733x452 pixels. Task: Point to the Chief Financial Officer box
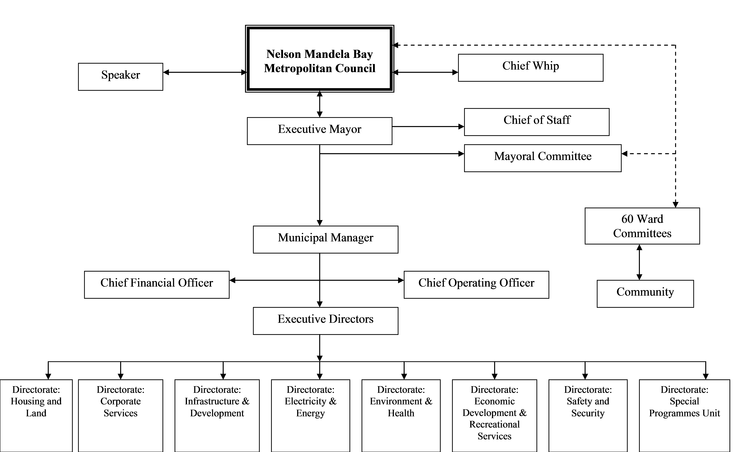[x=157, y=285]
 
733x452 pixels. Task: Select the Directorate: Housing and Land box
[x=36, y=416]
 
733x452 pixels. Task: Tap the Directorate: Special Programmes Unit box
[x=685, y=416]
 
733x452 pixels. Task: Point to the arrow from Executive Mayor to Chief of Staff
[x=428, y=126]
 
